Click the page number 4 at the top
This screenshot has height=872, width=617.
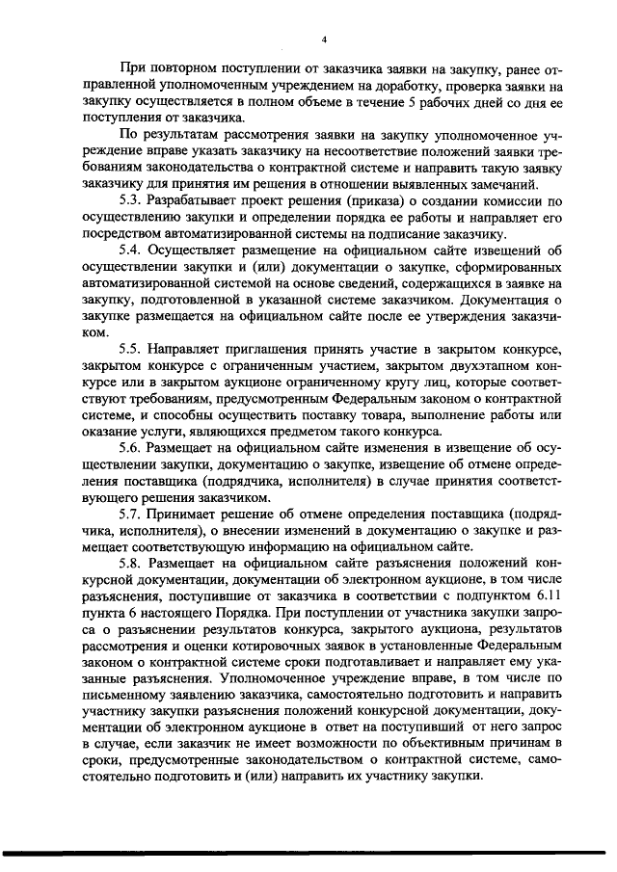point(325,39)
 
